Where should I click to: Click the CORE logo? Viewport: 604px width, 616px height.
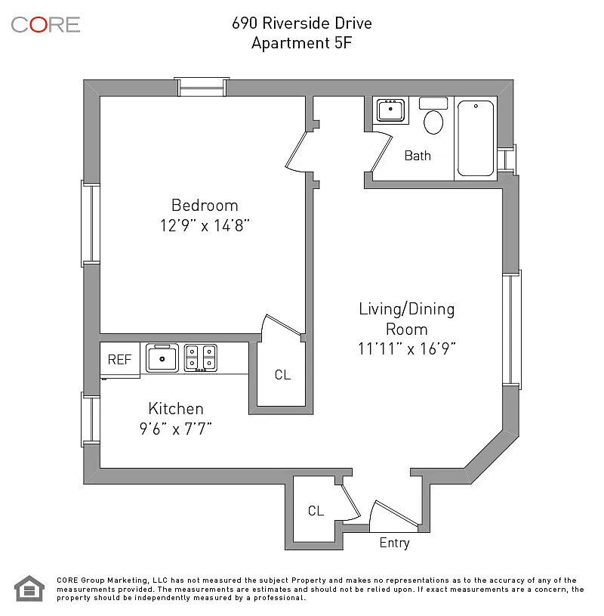(45, 24)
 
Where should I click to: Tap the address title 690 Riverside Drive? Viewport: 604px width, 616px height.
(302, 23)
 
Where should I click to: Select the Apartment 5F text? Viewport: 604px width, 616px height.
(302, 43)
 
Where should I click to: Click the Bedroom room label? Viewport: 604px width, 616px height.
(205, 206)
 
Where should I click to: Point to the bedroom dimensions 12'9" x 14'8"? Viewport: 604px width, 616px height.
(204, 225)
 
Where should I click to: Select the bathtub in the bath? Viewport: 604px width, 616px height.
(476, 138)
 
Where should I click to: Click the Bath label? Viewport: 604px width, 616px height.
(418, 156)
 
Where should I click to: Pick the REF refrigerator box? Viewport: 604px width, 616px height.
(119, 360)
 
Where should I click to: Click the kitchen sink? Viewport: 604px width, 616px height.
(162, 358)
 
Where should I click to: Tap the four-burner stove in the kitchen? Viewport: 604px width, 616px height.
(201, 358)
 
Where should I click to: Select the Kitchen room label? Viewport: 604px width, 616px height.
(176, 409)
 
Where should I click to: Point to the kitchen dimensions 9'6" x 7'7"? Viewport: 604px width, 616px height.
(176, 429)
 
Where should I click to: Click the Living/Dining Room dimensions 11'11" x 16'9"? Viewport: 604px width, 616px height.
(407, 349)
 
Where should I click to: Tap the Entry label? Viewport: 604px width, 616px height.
(394, 543)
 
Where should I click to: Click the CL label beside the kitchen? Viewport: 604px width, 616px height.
(282, 375)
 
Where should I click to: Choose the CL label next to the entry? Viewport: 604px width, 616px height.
(316, 511)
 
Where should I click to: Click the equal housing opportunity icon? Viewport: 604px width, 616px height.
(29, 588)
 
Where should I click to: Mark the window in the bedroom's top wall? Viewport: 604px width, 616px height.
(202, 87)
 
